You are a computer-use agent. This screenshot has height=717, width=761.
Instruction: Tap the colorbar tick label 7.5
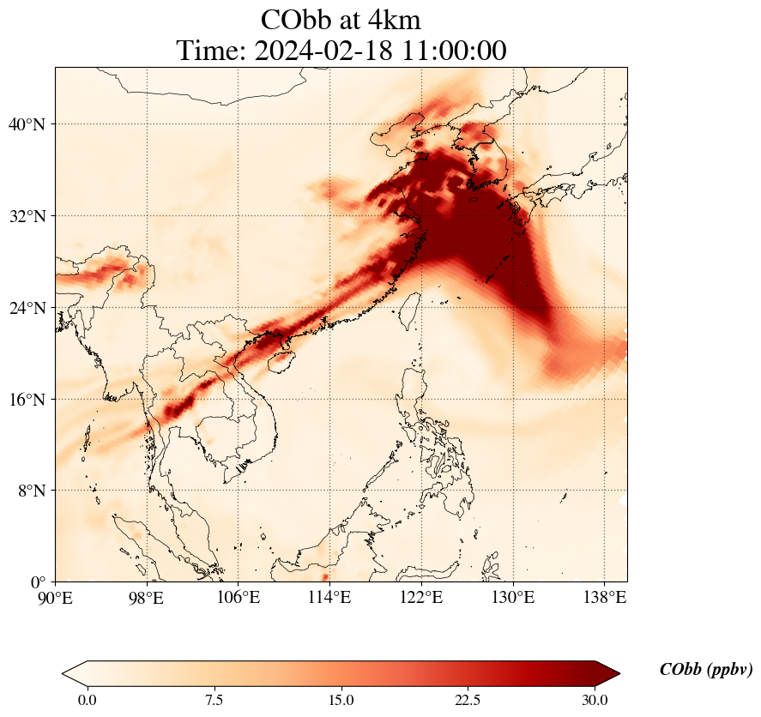(x=214, y=701)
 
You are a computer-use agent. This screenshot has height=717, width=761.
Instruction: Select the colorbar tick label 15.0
(x=341, y=701)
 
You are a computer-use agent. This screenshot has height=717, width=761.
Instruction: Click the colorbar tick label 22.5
(x=468, y=701)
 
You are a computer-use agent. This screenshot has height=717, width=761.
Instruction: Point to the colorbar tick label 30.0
(x=595, y=701)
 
